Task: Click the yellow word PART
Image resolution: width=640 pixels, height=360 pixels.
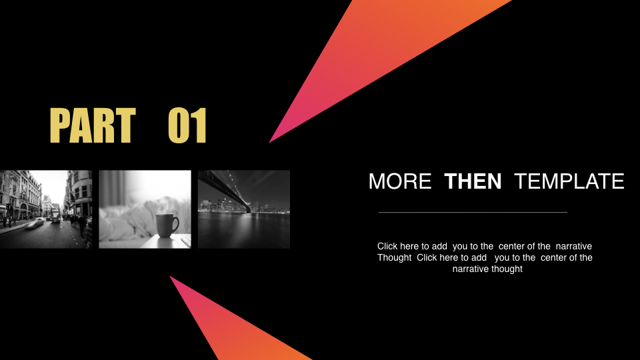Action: click(93, 125)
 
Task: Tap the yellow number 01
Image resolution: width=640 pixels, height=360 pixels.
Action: click(187, 125)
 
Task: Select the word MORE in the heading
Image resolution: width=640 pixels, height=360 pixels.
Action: click(400, 181)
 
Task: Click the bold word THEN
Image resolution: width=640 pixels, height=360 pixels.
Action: click(473, 181)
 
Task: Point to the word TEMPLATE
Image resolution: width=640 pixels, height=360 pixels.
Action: click(569, 181)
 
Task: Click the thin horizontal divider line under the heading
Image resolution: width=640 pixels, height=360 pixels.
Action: click(473, 212)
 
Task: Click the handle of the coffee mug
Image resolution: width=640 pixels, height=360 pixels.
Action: click(175, 224)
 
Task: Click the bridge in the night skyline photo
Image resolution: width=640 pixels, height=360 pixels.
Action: click(229, 190)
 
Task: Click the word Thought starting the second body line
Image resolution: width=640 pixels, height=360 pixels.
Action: click(394, 257)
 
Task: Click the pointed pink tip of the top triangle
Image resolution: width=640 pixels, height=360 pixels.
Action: click(269, 143)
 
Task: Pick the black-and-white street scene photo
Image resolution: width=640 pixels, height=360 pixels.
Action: click(46, 209)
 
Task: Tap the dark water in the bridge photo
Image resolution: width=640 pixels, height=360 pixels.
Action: click(244, 231)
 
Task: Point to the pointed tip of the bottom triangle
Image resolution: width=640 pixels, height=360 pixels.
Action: click(170, 277)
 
